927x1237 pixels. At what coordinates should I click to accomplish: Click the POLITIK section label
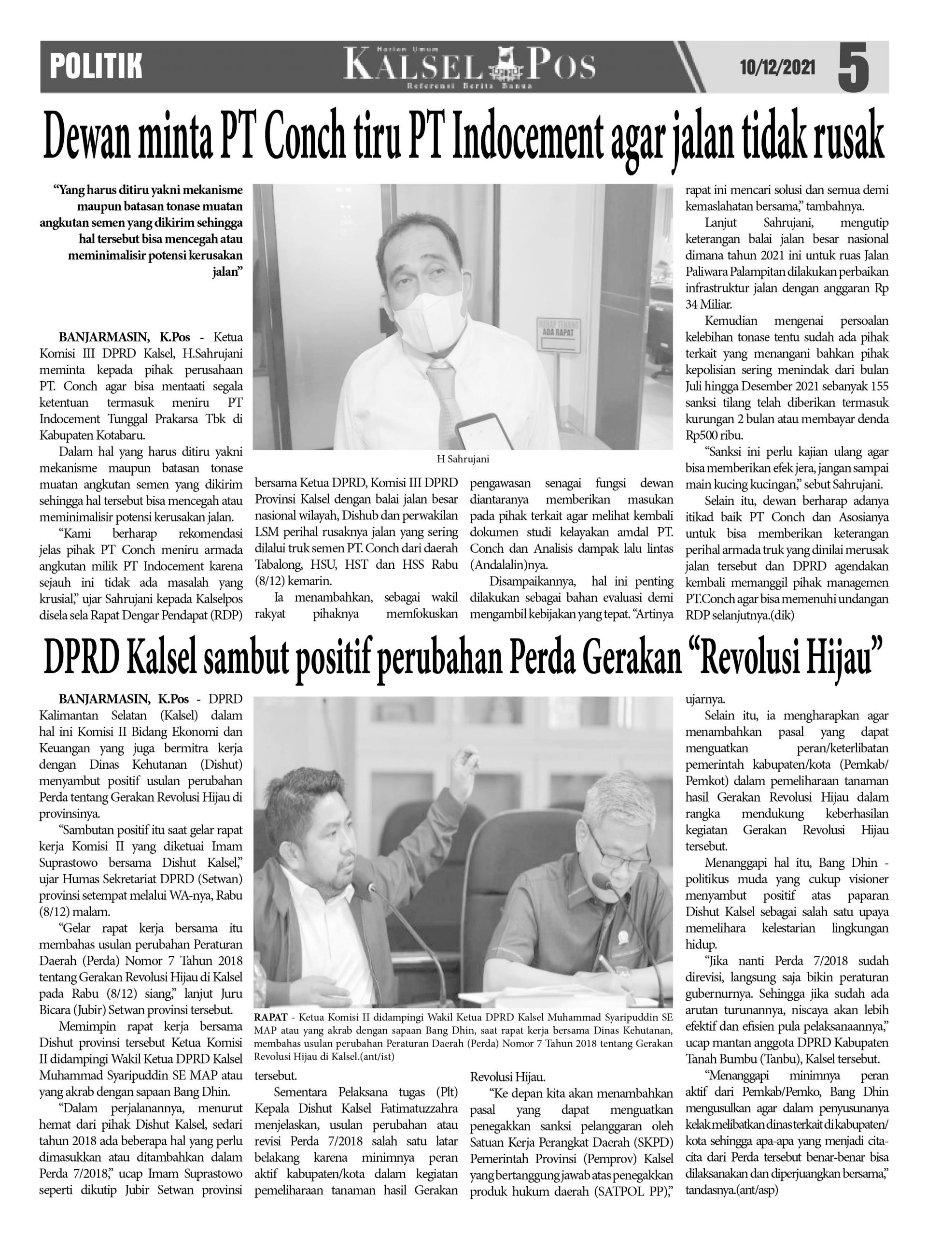point(96,67)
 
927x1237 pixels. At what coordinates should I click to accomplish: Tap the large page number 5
point(853,68)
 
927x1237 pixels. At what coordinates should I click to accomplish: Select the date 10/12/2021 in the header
point(777,68)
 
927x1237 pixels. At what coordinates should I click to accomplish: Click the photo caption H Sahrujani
point(463,459)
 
